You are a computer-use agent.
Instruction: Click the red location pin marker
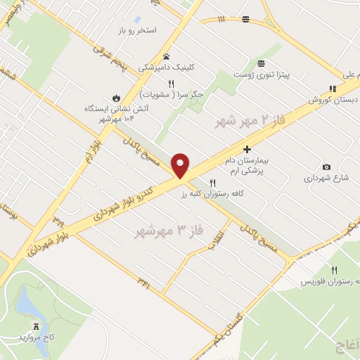tap(181, 165)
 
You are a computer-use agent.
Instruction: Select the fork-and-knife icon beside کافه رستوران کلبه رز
tap(203, 183)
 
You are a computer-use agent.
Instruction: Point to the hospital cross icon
tap(247, 149)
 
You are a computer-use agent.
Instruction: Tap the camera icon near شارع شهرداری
tap(326, 167)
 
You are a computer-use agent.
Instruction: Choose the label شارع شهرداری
tap(322, 179)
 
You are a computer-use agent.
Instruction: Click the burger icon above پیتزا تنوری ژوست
tap(262, 63)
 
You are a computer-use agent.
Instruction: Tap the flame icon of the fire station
tap(116, 98)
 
